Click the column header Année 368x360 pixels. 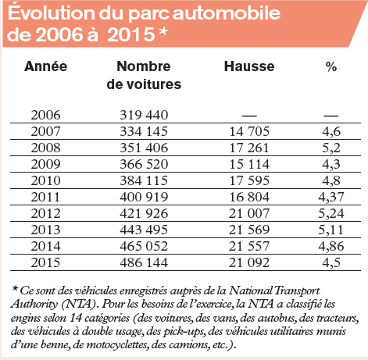click(x=46, y=66)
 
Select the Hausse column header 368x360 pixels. click(x=249, y=66)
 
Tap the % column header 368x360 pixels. click(x=331, y=66)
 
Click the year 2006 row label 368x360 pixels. click(x=45, y=115)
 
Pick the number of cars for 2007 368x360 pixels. click(x=144, y=131)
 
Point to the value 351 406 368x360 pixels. click(x=144, y=148)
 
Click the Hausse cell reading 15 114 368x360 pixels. click(x=249, y=164)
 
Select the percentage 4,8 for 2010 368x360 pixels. click(x=331, y=181)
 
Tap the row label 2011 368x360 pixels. click(x=45, y=197)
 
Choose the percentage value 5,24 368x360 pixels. click(x=331, y=214)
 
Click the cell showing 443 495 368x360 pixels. click(x=144, y=230)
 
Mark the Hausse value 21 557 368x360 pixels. click(x=249, y=246)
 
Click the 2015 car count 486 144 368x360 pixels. click(x=144, y=262)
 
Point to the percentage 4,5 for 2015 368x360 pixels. click(x=331, y=263)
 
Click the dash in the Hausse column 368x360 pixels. click(x=249, y=116)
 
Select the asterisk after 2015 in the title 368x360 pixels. click(x=163, y=31)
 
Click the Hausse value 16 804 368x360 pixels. click(x=249, y=197)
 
